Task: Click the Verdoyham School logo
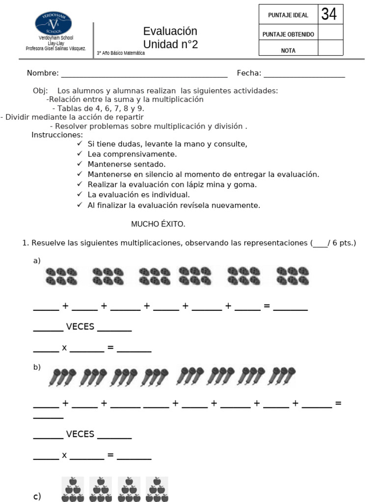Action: (53, 24)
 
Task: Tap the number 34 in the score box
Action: (329, 15)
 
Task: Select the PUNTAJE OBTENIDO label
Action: (288, 34)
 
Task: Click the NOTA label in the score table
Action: (288, 50)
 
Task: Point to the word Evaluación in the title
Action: (170, 31)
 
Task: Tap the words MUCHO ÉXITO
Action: (158, 224)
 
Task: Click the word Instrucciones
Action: (57, 135)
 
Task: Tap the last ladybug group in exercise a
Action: (293, 276)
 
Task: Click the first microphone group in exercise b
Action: (62, 376)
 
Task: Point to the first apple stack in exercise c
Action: (73, 489)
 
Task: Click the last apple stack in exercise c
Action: (157, 489)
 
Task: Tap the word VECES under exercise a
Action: (80, 326)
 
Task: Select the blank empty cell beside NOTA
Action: (330, 48)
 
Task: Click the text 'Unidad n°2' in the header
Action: (170, 45)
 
